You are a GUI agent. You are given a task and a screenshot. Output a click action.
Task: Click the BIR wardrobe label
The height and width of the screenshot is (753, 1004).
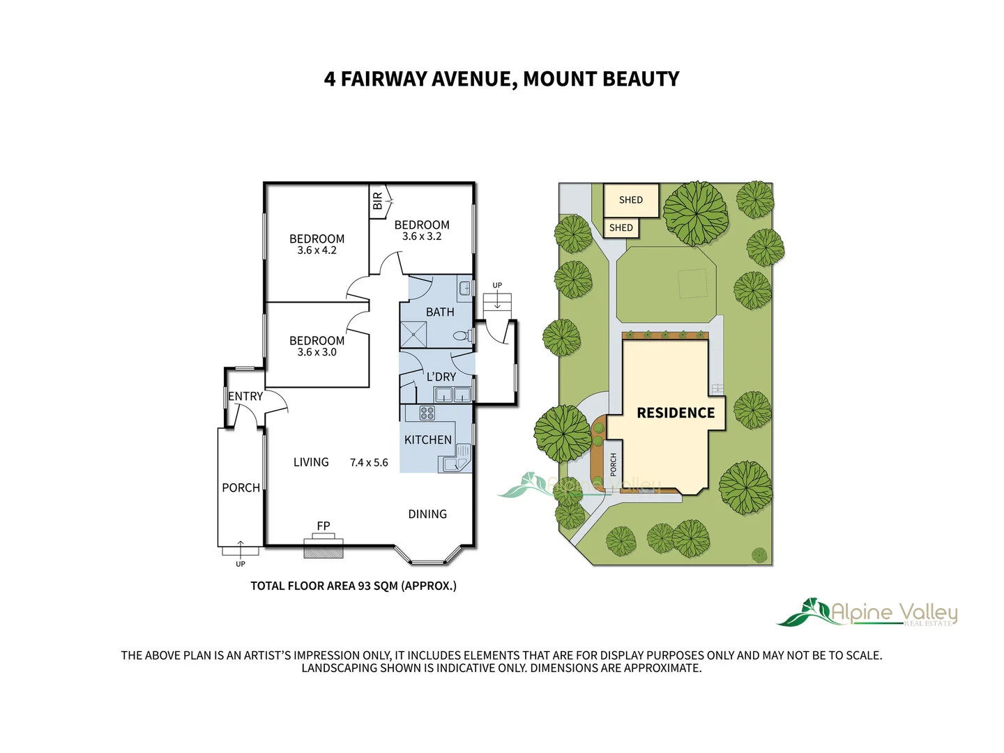pos(377,201)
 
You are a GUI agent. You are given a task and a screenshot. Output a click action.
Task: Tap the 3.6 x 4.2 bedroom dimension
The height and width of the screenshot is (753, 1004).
pos(317,250)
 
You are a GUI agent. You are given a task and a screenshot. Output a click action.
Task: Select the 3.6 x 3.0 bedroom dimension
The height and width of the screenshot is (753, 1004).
pos(317,352)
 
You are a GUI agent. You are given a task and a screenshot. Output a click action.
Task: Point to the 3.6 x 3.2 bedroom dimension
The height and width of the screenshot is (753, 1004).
pos(422,236)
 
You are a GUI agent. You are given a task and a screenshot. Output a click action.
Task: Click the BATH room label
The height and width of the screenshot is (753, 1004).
pos(440,312)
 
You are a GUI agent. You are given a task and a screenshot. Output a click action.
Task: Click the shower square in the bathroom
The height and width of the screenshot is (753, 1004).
pos(413,335)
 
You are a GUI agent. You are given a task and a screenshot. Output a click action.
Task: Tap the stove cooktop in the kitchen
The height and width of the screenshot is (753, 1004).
pos(427,413)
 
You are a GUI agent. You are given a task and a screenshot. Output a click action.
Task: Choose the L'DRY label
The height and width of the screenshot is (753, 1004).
pos(441,376)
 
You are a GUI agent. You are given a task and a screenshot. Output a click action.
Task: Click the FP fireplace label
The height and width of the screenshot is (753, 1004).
pos(324,526)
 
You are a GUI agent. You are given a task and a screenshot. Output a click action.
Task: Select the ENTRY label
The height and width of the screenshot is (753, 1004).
pos(245,397)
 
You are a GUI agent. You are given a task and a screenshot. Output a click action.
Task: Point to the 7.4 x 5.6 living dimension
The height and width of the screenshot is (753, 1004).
pos(369,463)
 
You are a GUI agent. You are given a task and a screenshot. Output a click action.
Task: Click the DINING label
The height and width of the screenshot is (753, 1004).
pos(427,515)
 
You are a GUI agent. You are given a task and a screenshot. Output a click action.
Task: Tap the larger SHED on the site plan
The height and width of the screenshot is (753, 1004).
pos(631,200)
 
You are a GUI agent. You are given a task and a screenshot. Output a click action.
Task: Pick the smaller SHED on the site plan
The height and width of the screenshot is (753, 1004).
pos(621,228)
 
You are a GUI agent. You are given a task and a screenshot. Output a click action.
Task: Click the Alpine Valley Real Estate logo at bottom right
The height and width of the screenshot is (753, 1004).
pos(867,613)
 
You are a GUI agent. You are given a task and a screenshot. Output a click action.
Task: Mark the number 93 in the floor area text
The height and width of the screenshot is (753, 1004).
pos(364,586)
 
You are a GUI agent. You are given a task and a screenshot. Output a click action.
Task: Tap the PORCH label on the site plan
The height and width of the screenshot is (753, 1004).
pos(614,464)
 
